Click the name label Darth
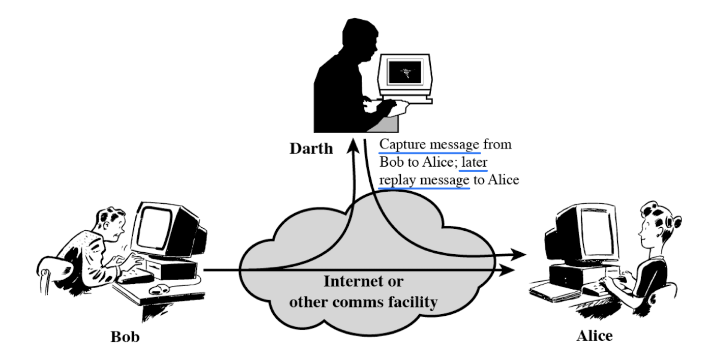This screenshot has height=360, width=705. click(x=311, y=148)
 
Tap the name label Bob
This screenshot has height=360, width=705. click(x=125, y=338)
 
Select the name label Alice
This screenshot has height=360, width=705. click(x=594, y=336)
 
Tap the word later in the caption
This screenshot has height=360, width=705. click(x=475, y=162)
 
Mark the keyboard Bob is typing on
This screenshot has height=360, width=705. click(x=136, y=276)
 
